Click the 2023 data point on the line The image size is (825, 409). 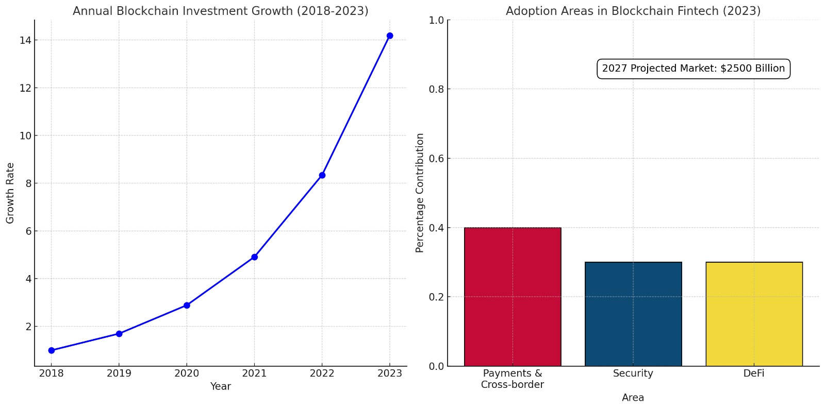pos(390,36)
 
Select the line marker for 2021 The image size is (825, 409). pos(254,257)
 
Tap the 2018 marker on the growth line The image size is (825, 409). pos(52,350)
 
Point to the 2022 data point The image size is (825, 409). pos(322,175)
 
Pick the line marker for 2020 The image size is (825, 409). pos(187,305)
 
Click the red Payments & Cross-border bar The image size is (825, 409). pos(513,297)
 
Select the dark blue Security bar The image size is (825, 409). pos(633,314)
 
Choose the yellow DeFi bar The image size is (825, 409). pos(754,314)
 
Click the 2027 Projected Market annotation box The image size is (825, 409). pos(693,69)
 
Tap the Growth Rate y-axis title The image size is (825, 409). pos(10,193)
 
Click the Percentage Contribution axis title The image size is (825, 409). pos(420,193)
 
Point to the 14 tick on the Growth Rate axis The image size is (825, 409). pos(25,40)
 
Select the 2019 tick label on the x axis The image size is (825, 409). pos(119,373)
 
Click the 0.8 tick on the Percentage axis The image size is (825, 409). pos(436,89)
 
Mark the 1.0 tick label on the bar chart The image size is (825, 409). pos(436,20)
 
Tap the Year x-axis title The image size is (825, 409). pos(220,386)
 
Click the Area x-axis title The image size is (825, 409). pos(633,398)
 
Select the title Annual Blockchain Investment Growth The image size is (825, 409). pos(220,11)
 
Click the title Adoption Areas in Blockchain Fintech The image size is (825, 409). pos(633,11)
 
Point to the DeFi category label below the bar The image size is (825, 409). pos(754,373)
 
